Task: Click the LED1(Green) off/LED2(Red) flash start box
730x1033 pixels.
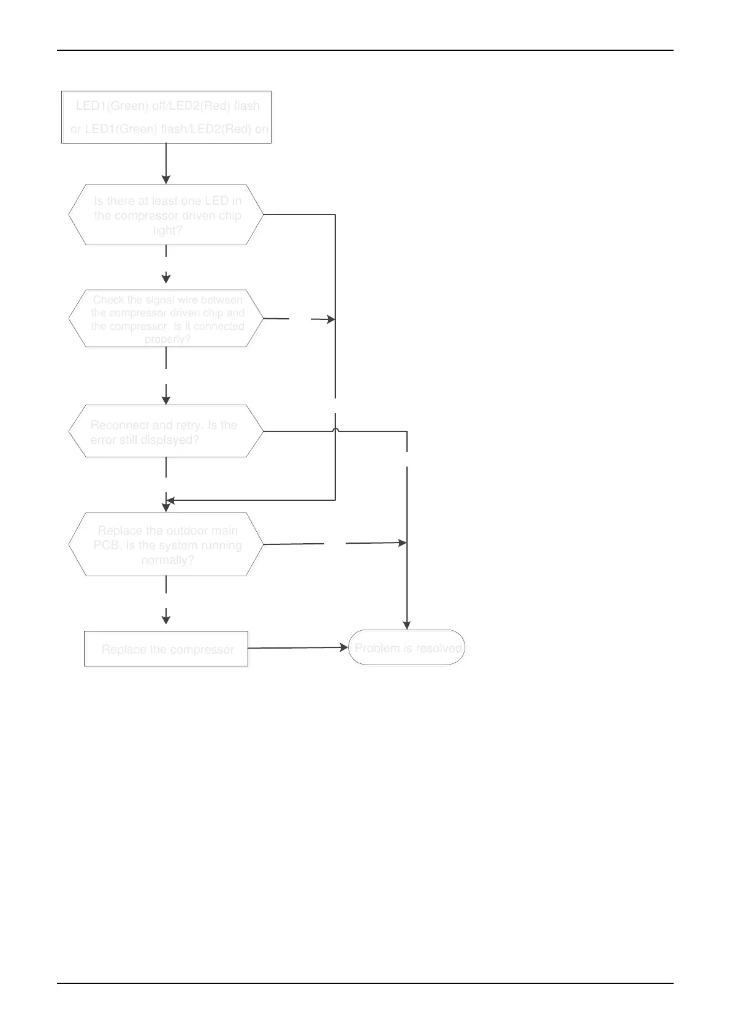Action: [166, 117]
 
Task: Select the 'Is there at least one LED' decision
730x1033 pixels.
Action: [166, 215]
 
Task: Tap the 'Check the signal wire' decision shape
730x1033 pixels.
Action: [166, 319]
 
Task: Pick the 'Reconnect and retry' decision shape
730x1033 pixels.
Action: [166, 431]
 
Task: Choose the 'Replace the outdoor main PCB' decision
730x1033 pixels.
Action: [166, 544]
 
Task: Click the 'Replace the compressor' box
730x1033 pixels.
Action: [166, 649]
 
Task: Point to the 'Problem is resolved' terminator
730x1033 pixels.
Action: [406, 647]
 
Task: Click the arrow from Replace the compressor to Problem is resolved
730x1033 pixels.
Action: [298, 647]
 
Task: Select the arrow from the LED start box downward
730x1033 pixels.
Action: [166, 162]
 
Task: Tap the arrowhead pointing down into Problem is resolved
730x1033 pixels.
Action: [406, 625]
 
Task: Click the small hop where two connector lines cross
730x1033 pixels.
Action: [336, 431]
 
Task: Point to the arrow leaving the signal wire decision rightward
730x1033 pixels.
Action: [300, 319]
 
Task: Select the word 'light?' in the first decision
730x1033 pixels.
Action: [167, 231]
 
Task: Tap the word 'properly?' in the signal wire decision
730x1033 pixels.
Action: [167, 339]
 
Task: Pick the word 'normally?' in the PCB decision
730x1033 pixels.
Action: [167, 560]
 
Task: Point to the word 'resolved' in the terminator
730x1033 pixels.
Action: [439, 648]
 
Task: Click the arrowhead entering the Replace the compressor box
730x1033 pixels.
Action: [166, 620]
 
